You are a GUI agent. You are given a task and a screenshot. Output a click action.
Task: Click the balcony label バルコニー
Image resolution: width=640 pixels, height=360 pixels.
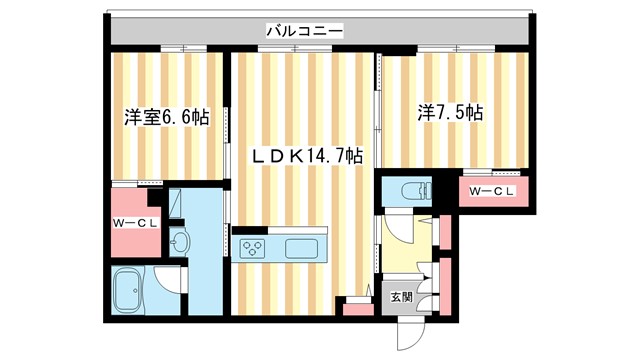pyautogui.click(x=304, y=31)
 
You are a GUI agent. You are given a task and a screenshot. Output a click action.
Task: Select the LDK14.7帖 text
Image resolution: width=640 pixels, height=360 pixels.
pyautogui.click(x=306, y=157)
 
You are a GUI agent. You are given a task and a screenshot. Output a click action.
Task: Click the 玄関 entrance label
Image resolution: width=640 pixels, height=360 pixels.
pyautogui.click(x=400, y=296)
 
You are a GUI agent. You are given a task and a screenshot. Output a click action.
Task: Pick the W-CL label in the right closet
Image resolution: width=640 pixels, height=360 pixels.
pyautogui.click(x=491, y=192)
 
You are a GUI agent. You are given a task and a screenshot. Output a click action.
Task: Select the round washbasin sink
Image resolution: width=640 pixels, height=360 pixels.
pyautogui.click(x=180, y=243)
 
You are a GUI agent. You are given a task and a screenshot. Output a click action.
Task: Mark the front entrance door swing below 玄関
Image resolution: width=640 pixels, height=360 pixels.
pyautogui.click(x=410, y=332)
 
